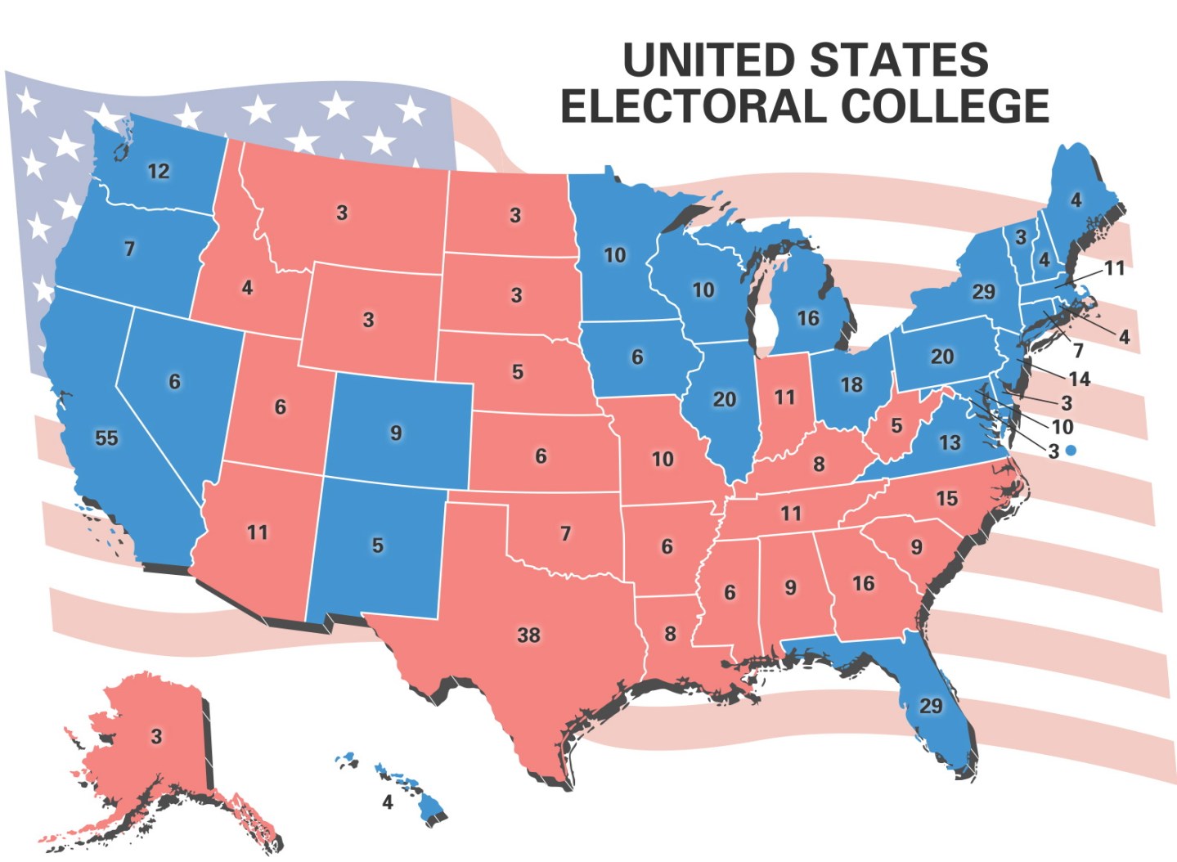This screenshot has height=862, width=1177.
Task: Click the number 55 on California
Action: click(x=106, y=438)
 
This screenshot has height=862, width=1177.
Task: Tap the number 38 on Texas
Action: click(x=528, y=635)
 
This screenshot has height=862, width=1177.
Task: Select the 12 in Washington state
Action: click(x=159, y=171)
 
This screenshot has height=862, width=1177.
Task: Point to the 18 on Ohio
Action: click(x=851, y=384)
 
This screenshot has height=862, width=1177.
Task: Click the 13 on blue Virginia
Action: click(x=949, y=442)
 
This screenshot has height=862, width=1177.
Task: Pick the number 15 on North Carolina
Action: click(x=946, y=498)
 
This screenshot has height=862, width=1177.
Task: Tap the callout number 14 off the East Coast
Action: click(x=1079, y=379)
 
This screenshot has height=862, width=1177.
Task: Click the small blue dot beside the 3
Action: click(x=1071, y=451)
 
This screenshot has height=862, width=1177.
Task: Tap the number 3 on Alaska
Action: click(x=156, y=736)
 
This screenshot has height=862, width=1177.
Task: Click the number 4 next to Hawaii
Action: click(x=388, y=802)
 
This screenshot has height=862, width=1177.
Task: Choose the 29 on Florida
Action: click(x=931, y=705)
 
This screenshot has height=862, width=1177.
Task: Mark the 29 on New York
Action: click(x=983, y=292)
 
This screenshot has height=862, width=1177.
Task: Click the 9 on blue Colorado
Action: click(x=396, y=432)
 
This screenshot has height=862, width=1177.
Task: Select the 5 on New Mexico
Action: click(x=377, y=545)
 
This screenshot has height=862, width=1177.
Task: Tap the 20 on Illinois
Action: click(x=724, y=399)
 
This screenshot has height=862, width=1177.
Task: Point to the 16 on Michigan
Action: click(x=807, y=318)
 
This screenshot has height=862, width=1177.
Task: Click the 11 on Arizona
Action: click(x=258, y=532)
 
